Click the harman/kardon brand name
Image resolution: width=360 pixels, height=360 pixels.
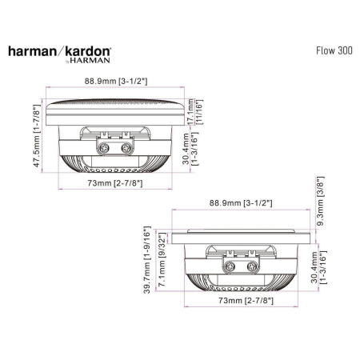click(x=60, y=50)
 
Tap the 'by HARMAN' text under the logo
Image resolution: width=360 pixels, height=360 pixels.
click(x=89, y=59)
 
